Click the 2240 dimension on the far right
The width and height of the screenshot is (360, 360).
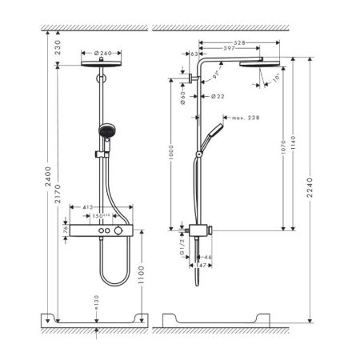(x=310, y=187)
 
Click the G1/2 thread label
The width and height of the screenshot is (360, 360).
(x=182, y=243)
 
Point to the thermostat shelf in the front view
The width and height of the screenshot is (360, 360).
(x=104, y=230)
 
